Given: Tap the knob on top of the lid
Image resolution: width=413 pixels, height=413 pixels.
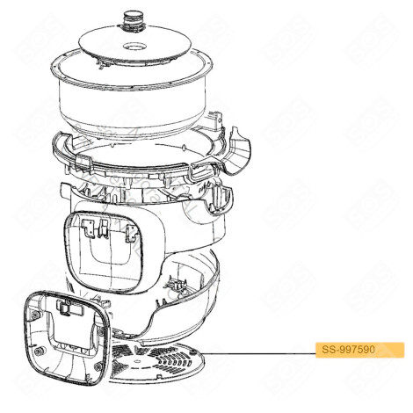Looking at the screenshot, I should (135, 15).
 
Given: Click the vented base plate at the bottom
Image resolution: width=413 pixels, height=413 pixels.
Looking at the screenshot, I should (167, 365).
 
